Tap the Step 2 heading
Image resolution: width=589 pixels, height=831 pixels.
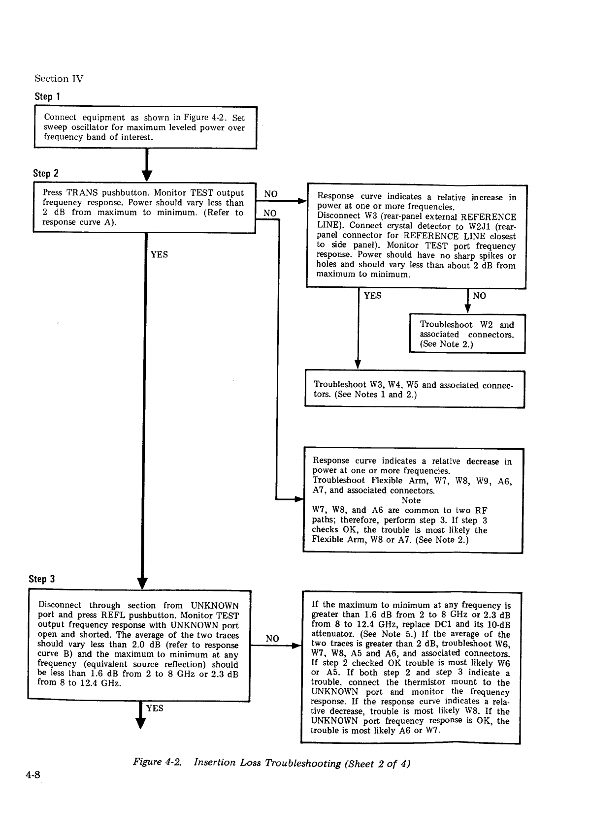point(45,173)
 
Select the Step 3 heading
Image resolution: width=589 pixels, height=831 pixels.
point(42,579)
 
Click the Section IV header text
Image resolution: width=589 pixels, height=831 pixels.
point(59,79)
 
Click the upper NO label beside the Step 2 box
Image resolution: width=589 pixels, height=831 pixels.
point(270,194)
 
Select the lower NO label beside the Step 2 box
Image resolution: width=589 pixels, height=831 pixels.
point(270,213)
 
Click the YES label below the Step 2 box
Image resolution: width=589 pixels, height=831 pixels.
point(159,254)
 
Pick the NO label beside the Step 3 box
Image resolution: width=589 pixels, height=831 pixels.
point(272,639)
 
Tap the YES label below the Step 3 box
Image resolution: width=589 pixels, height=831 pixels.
point(155,708)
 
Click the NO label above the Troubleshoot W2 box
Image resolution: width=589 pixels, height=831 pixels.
point(479,296)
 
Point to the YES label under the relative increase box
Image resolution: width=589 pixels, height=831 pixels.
point(372,296)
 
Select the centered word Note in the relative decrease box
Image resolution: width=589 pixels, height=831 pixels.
point(411,500)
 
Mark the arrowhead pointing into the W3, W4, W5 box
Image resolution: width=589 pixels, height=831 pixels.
point(358,365)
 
